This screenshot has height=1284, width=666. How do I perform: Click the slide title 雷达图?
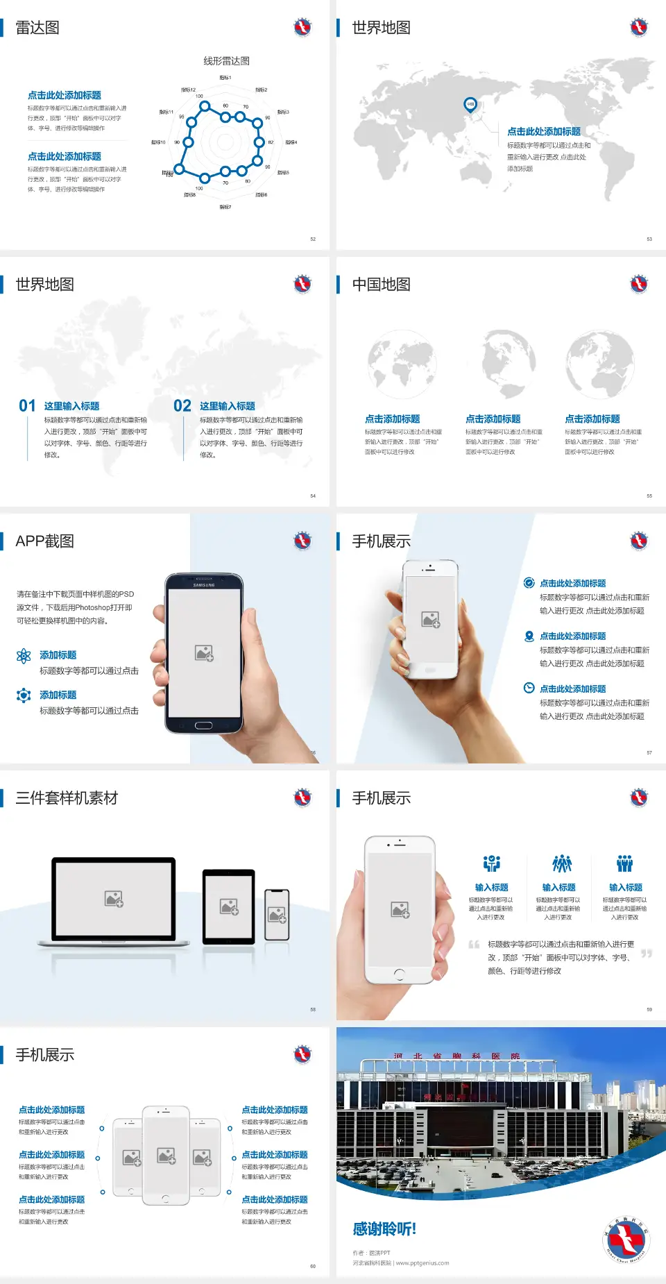[x=37, y=28]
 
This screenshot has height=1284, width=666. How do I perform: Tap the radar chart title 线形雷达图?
[x=226, y=61]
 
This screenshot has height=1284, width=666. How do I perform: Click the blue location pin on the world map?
[x=470, y=105]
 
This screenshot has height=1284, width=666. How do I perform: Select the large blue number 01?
[x=27, y=406]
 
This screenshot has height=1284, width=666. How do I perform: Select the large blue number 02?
[x=182, y=406]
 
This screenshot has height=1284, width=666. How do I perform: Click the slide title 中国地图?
[x=381, y=285]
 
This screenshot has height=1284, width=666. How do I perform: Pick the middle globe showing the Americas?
[x=509, y=363]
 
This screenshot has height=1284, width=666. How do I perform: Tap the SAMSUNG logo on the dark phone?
[x=204, y=585]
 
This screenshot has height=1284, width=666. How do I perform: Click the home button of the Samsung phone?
[x=203, y=725]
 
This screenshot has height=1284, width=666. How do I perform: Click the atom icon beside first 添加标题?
[x=24, y=656]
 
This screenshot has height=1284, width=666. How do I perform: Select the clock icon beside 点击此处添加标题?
[x=529, y=688]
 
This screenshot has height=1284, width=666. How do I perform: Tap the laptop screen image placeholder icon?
[x=114, y=899]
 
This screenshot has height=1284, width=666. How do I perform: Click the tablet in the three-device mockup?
[x=228, y=906]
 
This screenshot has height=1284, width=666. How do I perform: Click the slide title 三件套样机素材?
[x=67, y=798]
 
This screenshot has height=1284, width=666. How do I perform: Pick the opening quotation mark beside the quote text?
[x=474, y=945]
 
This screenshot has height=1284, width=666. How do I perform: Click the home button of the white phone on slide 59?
[x=399, y=974]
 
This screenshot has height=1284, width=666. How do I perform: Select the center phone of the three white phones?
[x=166, y=1156]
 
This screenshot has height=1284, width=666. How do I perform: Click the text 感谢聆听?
[x=384, y=1229]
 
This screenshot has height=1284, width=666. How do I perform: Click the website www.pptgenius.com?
[x=422, y=1263]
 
